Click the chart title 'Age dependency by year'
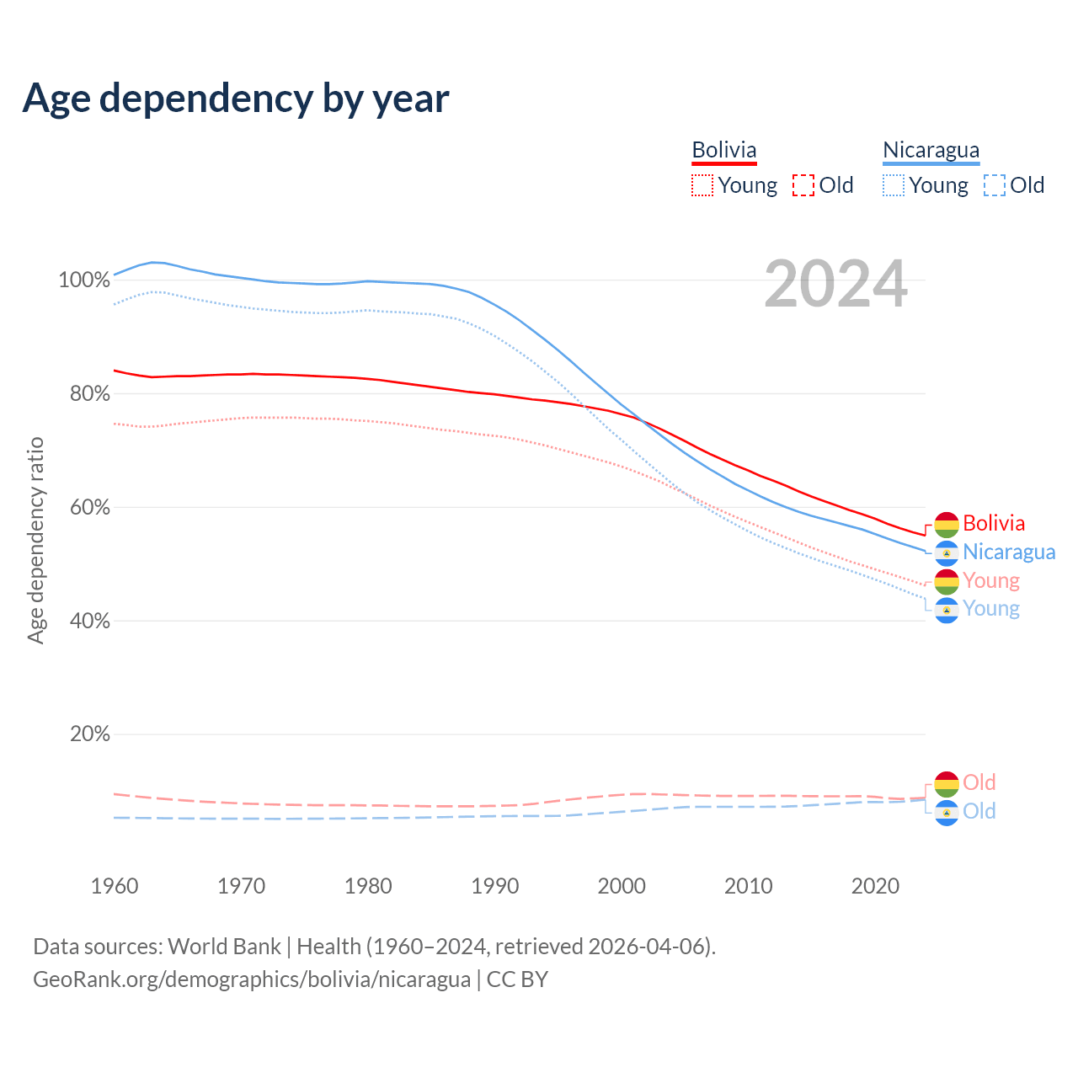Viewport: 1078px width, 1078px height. coord(236,99)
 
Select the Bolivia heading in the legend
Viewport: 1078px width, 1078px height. coord(724,150)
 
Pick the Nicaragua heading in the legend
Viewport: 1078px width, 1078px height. coord(931,150)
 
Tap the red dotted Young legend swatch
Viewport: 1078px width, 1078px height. coord(702,185)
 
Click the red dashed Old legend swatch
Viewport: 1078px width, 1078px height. coord(803,185)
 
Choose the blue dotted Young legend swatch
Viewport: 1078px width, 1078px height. coord(894,185)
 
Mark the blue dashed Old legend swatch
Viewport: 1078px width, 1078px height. coord(995,185)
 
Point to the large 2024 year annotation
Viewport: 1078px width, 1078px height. coord(835,285)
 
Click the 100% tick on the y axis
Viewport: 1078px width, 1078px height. coord(84,280)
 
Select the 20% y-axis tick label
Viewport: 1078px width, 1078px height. coord(89,734)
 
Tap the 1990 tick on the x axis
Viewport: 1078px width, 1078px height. coord(495,886)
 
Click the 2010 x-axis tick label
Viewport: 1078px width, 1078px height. coord(749,886)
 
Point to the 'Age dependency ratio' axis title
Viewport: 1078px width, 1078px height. coord(35,540)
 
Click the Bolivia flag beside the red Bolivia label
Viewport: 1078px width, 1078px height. coord(947,524)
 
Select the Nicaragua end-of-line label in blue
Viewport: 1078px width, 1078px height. coord(1009,552)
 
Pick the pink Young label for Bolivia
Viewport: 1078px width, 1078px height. coord(991,580)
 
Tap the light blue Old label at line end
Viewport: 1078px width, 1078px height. coord(979,811)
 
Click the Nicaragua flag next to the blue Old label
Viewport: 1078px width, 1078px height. coord(947,812)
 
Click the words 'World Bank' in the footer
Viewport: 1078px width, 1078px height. coord(224,947)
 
